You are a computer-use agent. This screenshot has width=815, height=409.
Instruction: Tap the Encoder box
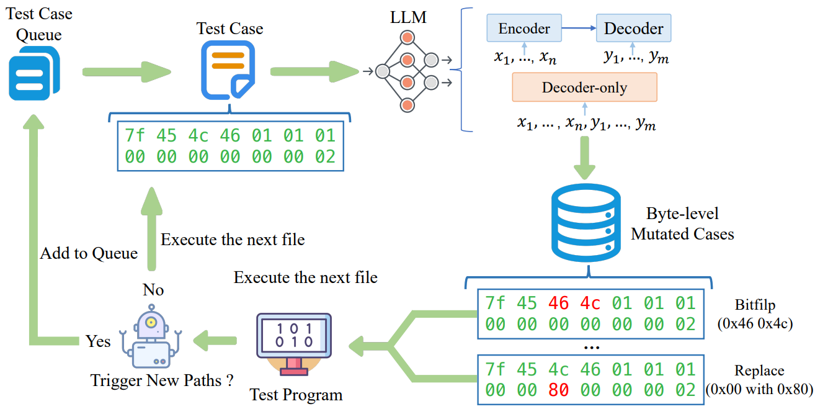click(524, 29)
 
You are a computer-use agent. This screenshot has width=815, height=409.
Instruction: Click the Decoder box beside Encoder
click(633, 29)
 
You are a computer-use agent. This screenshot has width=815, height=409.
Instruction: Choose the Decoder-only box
click(584, 88)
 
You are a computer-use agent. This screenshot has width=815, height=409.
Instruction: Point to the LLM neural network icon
click(407, 71)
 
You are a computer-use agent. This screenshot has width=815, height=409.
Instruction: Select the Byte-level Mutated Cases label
click(682, 224)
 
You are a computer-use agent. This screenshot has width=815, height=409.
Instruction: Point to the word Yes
click(98, 341)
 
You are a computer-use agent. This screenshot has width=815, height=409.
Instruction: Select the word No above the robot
click(153, 290)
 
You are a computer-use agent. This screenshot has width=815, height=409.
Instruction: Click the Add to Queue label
click(89, 253)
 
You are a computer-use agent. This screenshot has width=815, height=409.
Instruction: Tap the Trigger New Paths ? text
click(162, 380)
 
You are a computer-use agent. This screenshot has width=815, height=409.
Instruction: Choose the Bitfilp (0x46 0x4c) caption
click(755, 313)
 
